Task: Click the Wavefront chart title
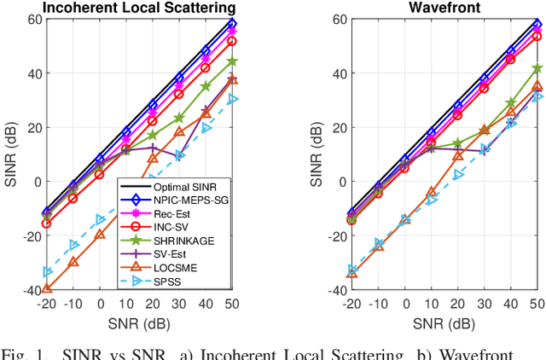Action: (444, 8)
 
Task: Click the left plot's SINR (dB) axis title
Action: (9, 154)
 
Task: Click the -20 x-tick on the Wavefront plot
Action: (351, 305)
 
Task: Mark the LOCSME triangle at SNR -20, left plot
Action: (47, 289)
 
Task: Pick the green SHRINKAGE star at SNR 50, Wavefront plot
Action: (537, 68)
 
